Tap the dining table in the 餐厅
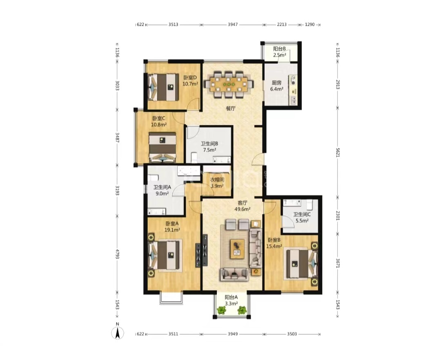click(229, 84)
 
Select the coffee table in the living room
click(237, 249)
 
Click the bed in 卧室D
click(163, 87)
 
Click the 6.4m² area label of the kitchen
click(277, 89)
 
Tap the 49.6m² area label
click(243, 209)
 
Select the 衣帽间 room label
click(217, 180)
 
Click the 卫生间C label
click(302, 214)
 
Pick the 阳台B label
click(279, 49)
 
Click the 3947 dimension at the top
click(233, 24)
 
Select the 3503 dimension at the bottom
click(292, 334)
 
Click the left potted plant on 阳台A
click(222, 310)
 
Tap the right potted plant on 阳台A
click(242, 310)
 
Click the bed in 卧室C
click(163, 147)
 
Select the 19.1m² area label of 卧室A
click(172, 230)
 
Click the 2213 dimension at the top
click(281, 24)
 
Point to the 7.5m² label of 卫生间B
click(210, 150)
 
